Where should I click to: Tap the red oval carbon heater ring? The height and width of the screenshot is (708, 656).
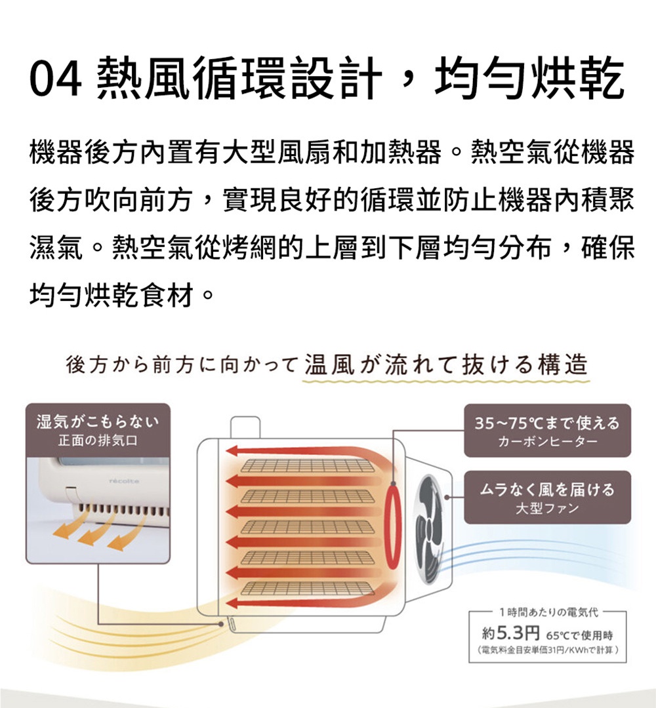[393, 525]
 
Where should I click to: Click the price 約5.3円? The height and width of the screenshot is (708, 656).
[510, 634]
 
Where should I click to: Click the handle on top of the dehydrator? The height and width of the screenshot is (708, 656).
[245, 427]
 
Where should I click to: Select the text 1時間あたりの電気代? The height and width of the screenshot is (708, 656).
[548, 612]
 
